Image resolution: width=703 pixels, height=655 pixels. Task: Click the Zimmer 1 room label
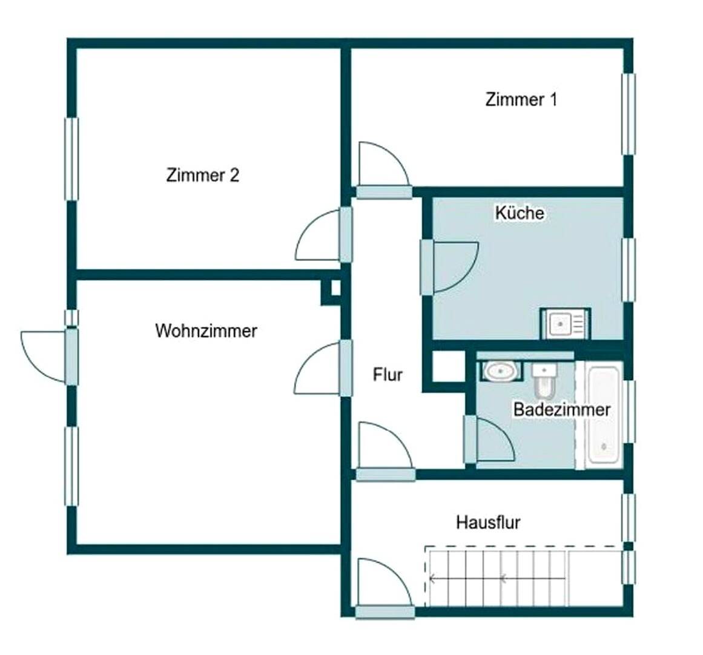coord(521,99)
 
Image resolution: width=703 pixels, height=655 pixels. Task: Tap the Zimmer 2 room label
coord(202,176)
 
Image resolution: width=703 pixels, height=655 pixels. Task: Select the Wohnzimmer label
coord(206,331)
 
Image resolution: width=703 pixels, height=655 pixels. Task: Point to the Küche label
coord(520,213)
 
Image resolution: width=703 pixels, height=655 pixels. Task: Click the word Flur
coord(388,375)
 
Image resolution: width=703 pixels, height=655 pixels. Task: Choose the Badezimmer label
coord(561,409)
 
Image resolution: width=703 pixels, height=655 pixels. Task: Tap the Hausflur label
coord(488,522)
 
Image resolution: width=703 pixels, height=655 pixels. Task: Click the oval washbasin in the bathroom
coord(500,370)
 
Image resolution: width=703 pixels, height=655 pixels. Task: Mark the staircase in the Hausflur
coord(497,577)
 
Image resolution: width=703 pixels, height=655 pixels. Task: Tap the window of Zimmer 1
coord(629,114)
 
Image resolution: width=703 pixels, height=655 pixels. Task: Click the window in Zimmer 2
coord(71,159)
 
